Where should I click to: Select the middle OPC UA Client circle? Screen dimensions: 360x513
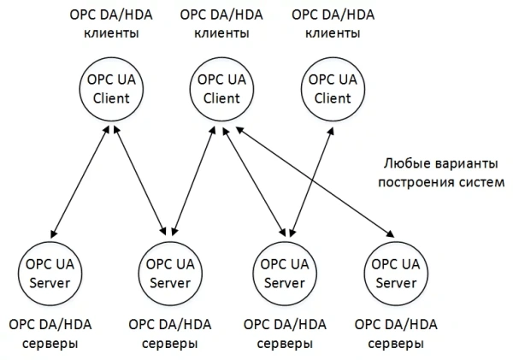click(221, 88)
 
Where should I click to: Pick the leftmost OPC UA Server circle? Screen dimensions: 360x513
click(49, 272)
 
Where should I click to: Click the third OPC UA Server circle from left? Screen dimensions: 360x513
click(284, 272)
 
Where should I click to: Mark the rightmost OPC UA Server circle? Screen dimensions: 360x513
click(396, 272)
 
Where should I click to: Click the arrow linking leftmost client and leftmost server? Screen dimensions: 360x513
click(80, 180)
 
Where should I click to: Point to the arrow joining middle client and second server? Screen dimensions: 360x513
click(194, 180)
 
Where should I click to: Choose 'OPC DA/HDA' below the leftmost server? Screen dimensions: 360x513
click(49, 325)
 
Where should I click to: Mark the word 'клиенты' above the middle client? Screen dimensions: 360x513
click(222, 34)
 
